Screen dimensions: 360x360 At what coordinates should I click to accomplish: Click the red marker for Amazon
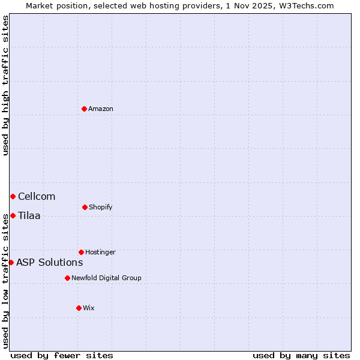click(84, 109)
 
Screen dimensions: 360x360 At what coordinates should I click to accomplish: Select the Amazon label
click(101, 109)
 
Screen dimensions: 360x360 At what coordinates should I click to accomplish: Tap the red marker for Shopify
click(85, 207)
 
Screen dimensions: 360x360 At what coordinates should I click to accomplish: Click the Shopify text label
click(100, 207)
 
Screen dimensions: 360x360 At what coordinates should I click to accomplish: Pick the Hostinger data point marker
click(81, 252)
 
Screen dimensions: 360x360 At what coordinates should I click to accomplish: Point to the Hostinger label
click(100, 252)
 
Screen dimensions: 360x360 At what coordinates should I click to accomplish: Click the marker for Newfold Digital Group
click(67, 278)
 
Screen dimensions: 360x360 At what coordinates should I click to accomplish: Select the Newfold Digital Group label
click(106, 278)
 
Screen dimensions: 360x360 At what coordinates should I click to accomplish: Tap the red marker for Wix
click(79, 308)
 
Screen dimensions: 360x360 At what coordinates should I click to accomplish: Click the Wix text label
click(89, 308)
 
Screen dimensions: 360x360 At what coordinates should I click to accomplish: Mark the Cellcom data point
click(13, 196)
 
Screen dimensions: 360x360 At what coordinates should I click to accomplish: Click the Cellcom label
click(37, 196)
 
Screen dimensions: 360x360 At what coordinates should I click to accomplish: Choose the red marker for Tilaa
click(13, 215)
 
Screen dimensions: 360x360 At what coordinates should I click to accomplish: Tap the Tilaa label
click(29, 215)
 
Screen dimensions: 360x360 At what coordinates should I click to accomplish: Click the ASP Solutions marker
click(11, 262)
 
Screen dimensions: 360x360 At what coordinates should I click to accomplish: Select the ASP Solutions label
click(50, 262)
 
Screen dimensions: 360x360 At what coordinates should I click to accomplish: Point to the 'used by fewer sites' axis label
click(62, 355)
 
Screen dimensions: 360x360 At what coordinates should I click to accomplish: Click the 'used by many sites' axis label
click(301, 355)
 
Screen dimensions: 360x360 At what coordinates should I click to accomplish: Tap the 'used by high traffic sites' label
click(5, 85)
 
